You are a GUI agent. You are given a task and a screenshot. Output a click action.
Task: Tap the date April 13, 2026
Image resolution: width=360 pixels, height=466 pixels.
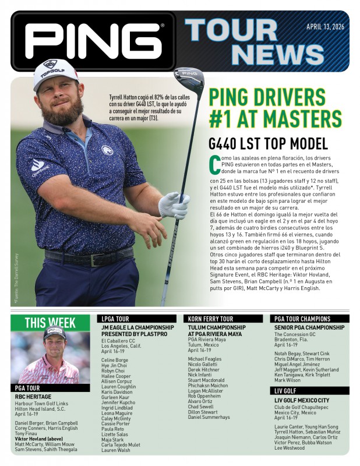[x=324, y=26]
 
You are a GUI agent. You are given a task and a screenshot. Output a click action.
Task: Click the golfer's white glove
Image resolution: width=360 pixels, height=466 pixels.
[x=175, y=206]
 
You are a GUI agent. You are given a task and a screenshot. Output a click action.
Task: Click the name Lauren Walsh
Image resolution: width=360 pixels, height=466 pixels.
[x=115, y=450]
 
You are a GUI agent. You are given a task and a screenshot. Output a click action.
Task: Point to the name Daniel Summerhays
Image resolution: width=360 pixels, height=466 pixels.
[x=209, y=417]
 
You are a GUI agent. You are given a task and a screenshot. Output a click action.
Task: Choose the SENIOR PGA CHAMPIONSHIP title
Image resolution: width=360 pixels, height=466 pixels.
[x=309, y=328]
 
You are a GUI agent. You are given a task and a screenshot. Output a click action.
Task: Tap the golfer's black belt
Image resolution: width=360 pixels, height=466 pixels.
[x=87, y=257]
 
